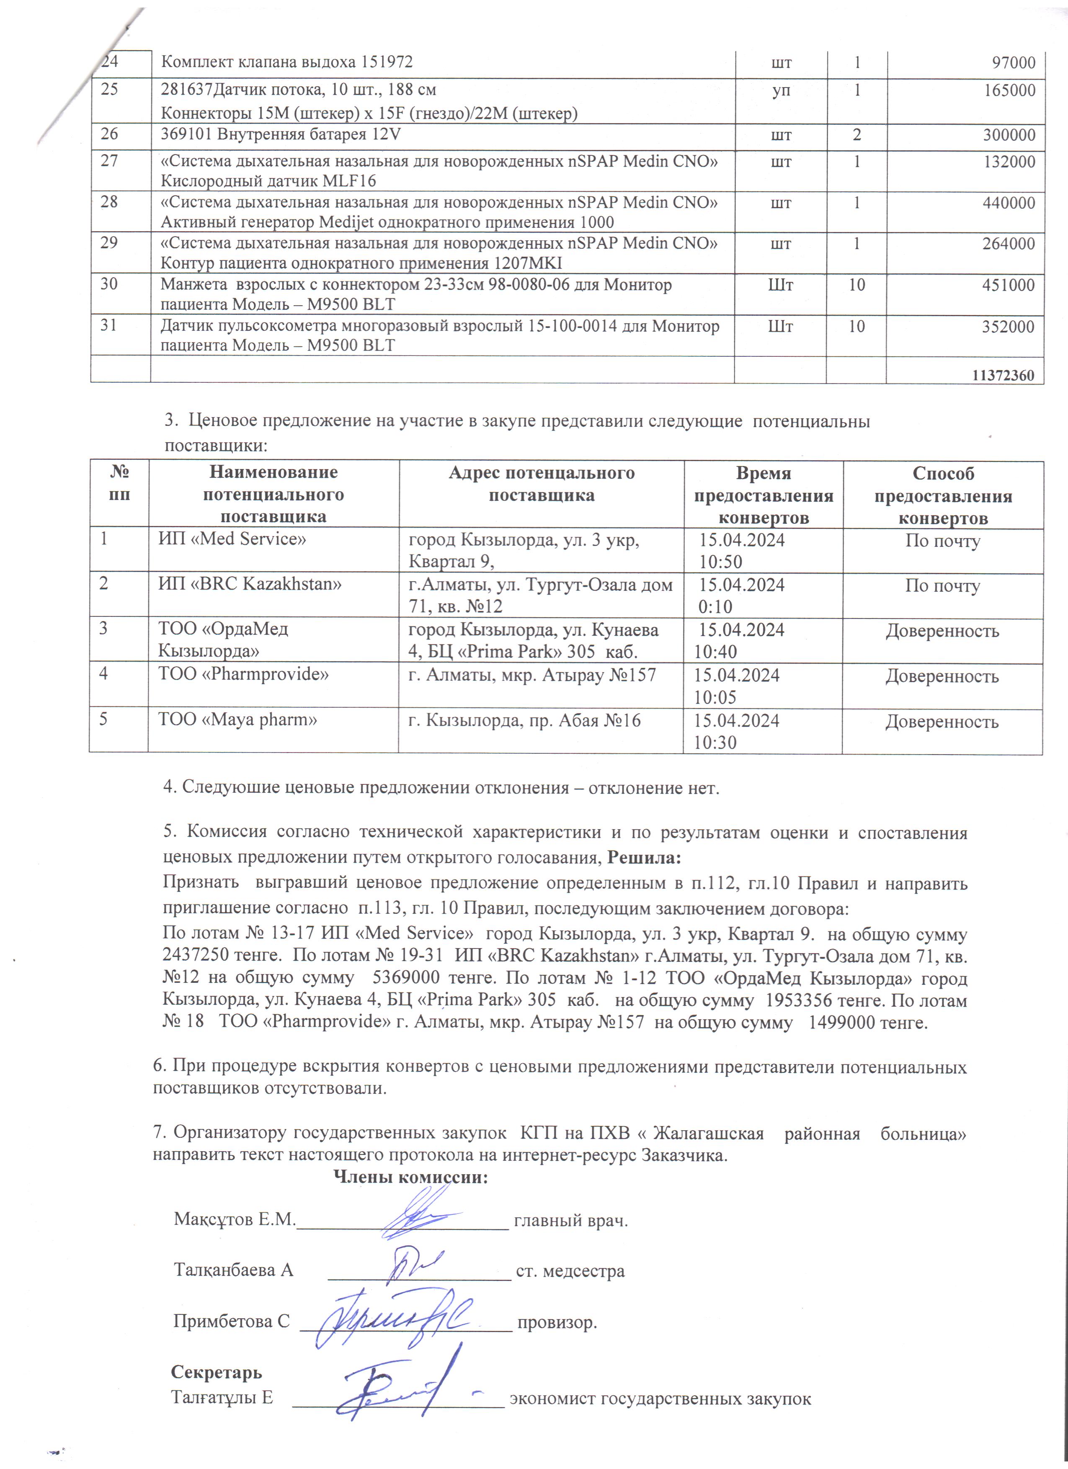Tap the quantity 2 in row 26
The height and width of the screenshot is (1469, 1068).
pyautogui.click(x=857, y=135)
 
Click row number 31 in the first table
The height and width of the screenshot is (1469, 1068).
pyautogui.click(x=109, y=325)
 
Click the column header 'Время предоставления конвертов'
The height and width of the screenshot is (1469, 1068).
pyautogui.click(x=763, y=495)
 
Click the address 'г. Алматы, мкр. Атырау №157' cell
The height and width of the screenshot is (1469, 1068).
pyautogui.click(x=532, y=675)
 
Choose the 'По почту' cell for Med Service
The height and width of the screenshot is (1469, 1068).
pyautogui.click(x=942, y=541)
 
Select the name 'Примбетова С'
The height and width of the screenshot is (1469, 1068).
pyautogui.click(x=231, y=1321)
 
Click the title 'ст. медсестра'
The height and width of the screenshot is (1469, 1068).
pyautogui.click(x=570, y=1271)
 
